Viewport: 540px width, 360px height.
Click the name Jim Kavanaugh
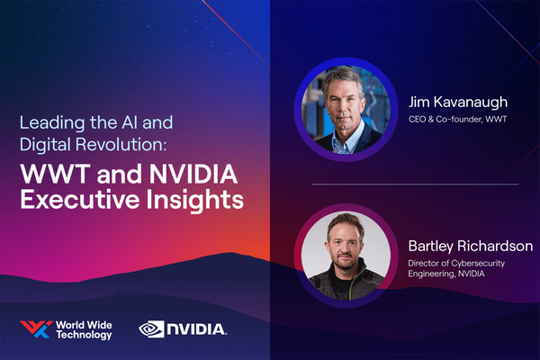pos(458,103)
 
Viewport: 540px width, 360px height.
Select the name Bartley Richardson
pos(471,246)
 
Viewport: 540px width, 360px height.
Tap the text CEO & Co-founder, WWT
pos(458,119)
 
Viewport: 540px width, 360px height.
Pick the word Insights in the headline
pos(195,200)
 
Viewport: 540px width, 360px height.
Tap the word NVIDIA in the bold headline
pos(193,174)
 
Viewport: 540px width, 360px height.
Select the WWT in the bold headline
pos(55,174)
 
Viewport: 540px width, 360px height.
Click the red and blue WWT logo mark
pos(36,329)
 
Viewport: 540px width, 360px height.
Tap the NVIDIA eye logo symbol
pos(151,329)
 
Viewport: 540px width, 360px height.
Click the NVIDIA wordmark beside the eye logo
pos(196,329)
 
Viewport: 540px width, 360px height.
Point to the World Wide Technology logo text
pos(84,330)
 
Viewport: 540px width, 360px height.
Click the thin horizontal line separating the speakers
pos(415,184)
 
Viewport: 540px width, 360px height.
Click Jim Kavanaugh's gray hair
pos(343,77)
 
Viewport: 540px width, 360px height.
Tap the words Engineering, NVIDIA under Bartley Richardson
pos(446,274)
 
